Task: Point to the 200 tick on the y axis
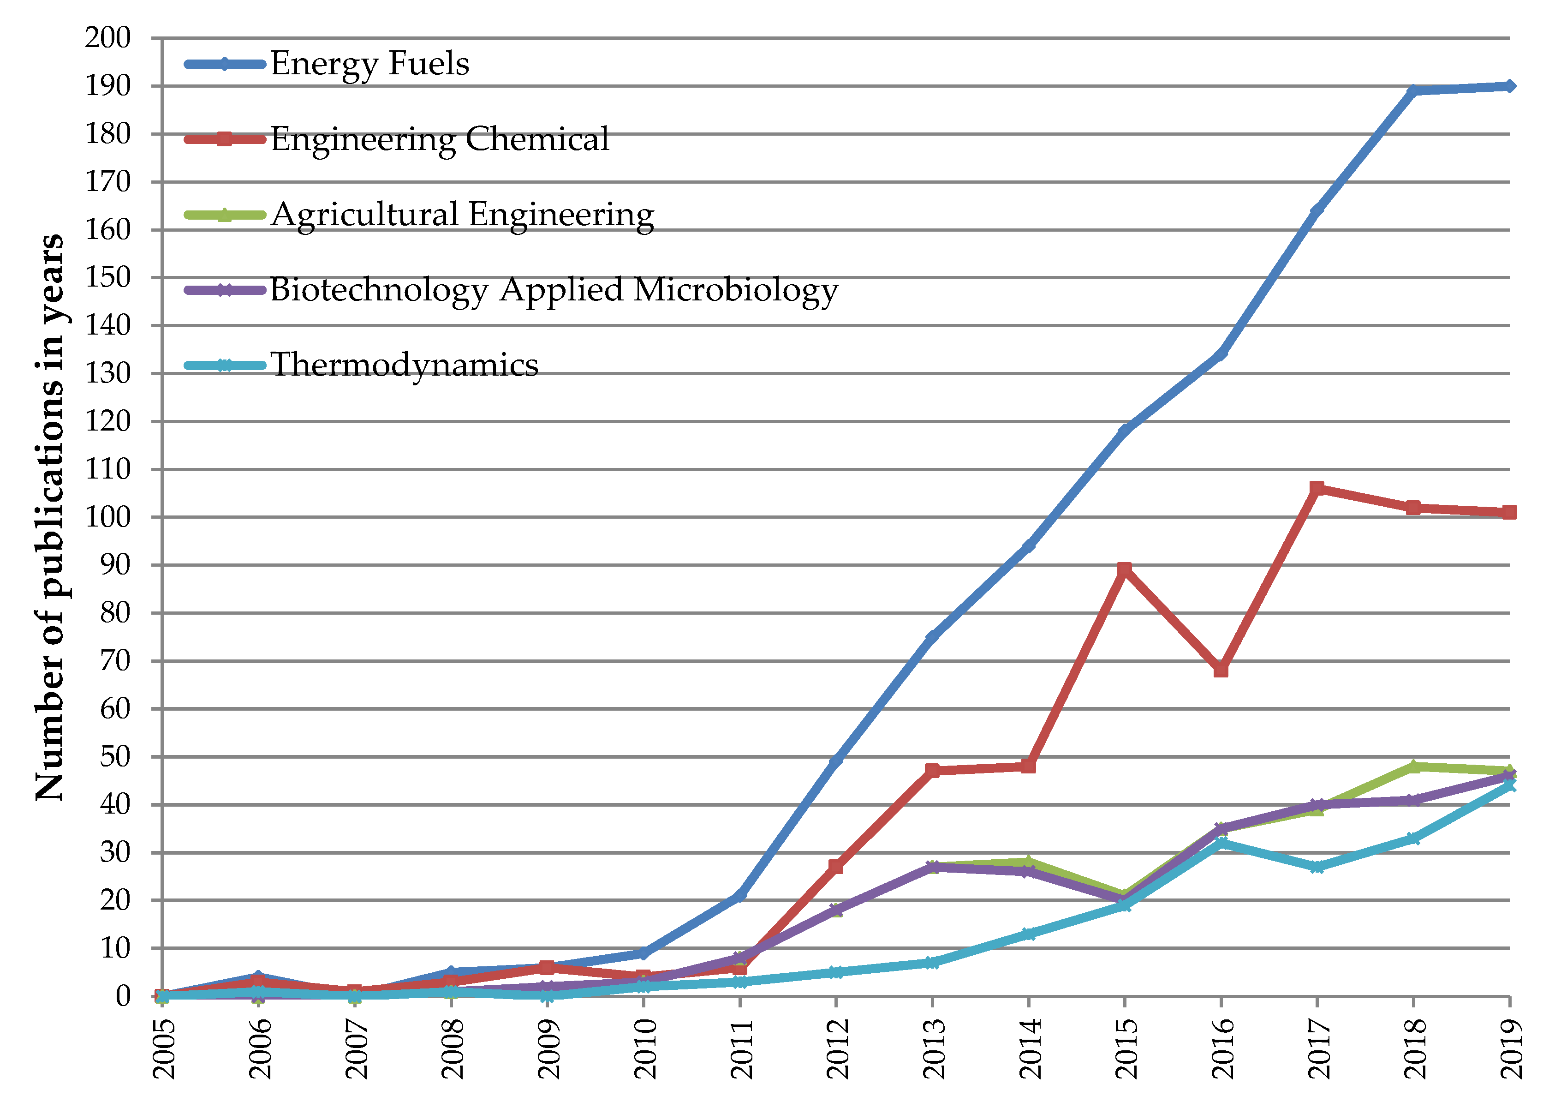point(108,38)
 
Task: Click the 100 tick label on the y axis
point(108,517)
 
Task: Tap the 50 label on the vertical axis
point(114,757)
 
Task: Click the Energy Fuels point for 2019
point(1510,86)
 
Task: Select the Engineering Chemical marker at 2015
point(1125,570)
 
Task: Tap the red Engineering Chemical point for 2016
point(1221,670)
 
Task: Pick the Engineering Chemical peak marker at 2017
point(1317,489)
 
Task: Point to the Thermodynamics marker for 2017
point(1317,867)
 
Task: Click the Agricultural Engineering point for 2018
point(1413,766)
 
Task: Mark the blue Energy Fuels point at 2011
point(740,895)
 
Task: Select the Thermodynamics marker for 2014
point(1028,934)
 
